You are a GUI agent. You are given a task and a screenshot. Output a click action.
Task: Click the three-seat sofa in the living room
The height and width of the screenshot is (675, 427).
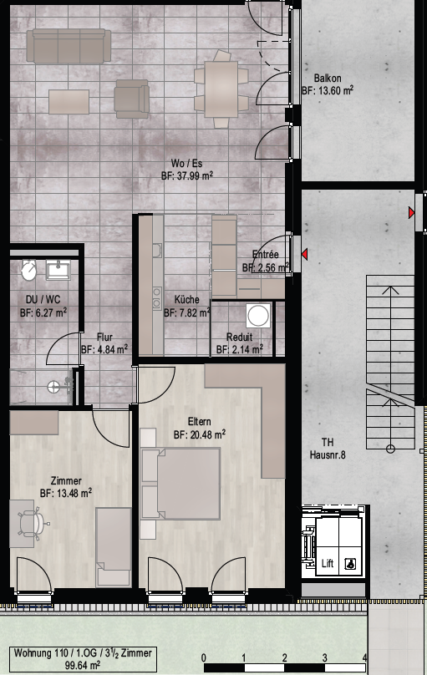[69, 46]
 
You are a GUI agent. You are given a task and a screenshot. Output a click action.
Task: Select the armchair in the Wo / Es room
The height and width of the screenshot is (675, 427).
[132, 99]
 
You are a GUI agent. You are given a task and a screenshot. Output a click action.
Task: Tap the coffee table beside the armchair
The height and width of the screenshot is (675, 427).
[69, 102]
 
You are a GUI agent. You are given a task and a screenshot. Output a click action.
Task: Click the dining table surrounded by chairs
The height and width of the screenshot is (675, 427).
[221, 89]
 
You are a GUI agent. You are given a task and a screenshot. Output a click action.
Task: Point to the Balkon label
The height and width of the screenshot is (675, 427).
[328, 79]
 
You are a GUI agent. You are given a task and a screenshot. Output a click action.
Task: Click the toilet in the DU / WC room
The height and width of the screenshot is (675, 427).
[29, 270]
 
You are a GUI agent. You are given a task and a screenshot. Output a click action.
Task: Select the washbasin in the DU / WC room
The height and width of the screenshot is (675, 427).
[58, 270]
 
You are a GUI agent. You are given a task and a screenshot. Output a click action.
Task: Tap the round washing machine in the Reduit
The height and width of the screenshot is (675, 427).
[258, 316]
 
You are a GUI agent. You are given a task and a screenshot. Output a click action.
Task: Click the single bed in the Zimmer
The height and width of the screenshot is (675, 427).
[113, 547]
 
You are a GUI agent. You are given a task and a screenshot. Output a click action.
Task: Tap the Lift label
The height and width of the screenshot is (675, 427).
[328, 563]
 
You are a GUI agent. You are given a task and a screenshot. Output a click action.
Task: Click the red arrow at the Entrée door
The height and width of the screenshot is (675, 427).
[304, 255]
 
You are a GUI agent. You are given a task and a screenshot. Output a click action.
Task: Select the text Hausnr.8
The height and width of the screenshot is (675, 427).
[328, 454]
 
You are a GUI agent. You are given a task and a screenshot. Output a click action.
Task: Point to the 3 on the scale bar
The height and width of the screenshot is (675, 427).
[324, 657]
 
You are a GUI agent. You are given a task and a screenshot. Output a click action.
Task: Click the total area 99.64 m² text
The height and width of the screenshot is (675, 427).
[83, 665]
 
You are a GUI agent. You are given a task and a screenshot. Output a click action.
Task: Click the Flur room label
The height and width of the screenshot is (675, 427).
[105, 337]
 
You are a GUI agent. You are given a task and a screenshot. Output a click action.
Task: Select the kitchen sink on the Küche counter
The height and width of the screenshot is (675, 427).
[157, 251]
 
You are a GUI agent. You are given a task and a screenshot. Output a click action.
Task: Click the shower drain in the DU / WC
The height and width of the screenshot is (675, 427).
[53, 387]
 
